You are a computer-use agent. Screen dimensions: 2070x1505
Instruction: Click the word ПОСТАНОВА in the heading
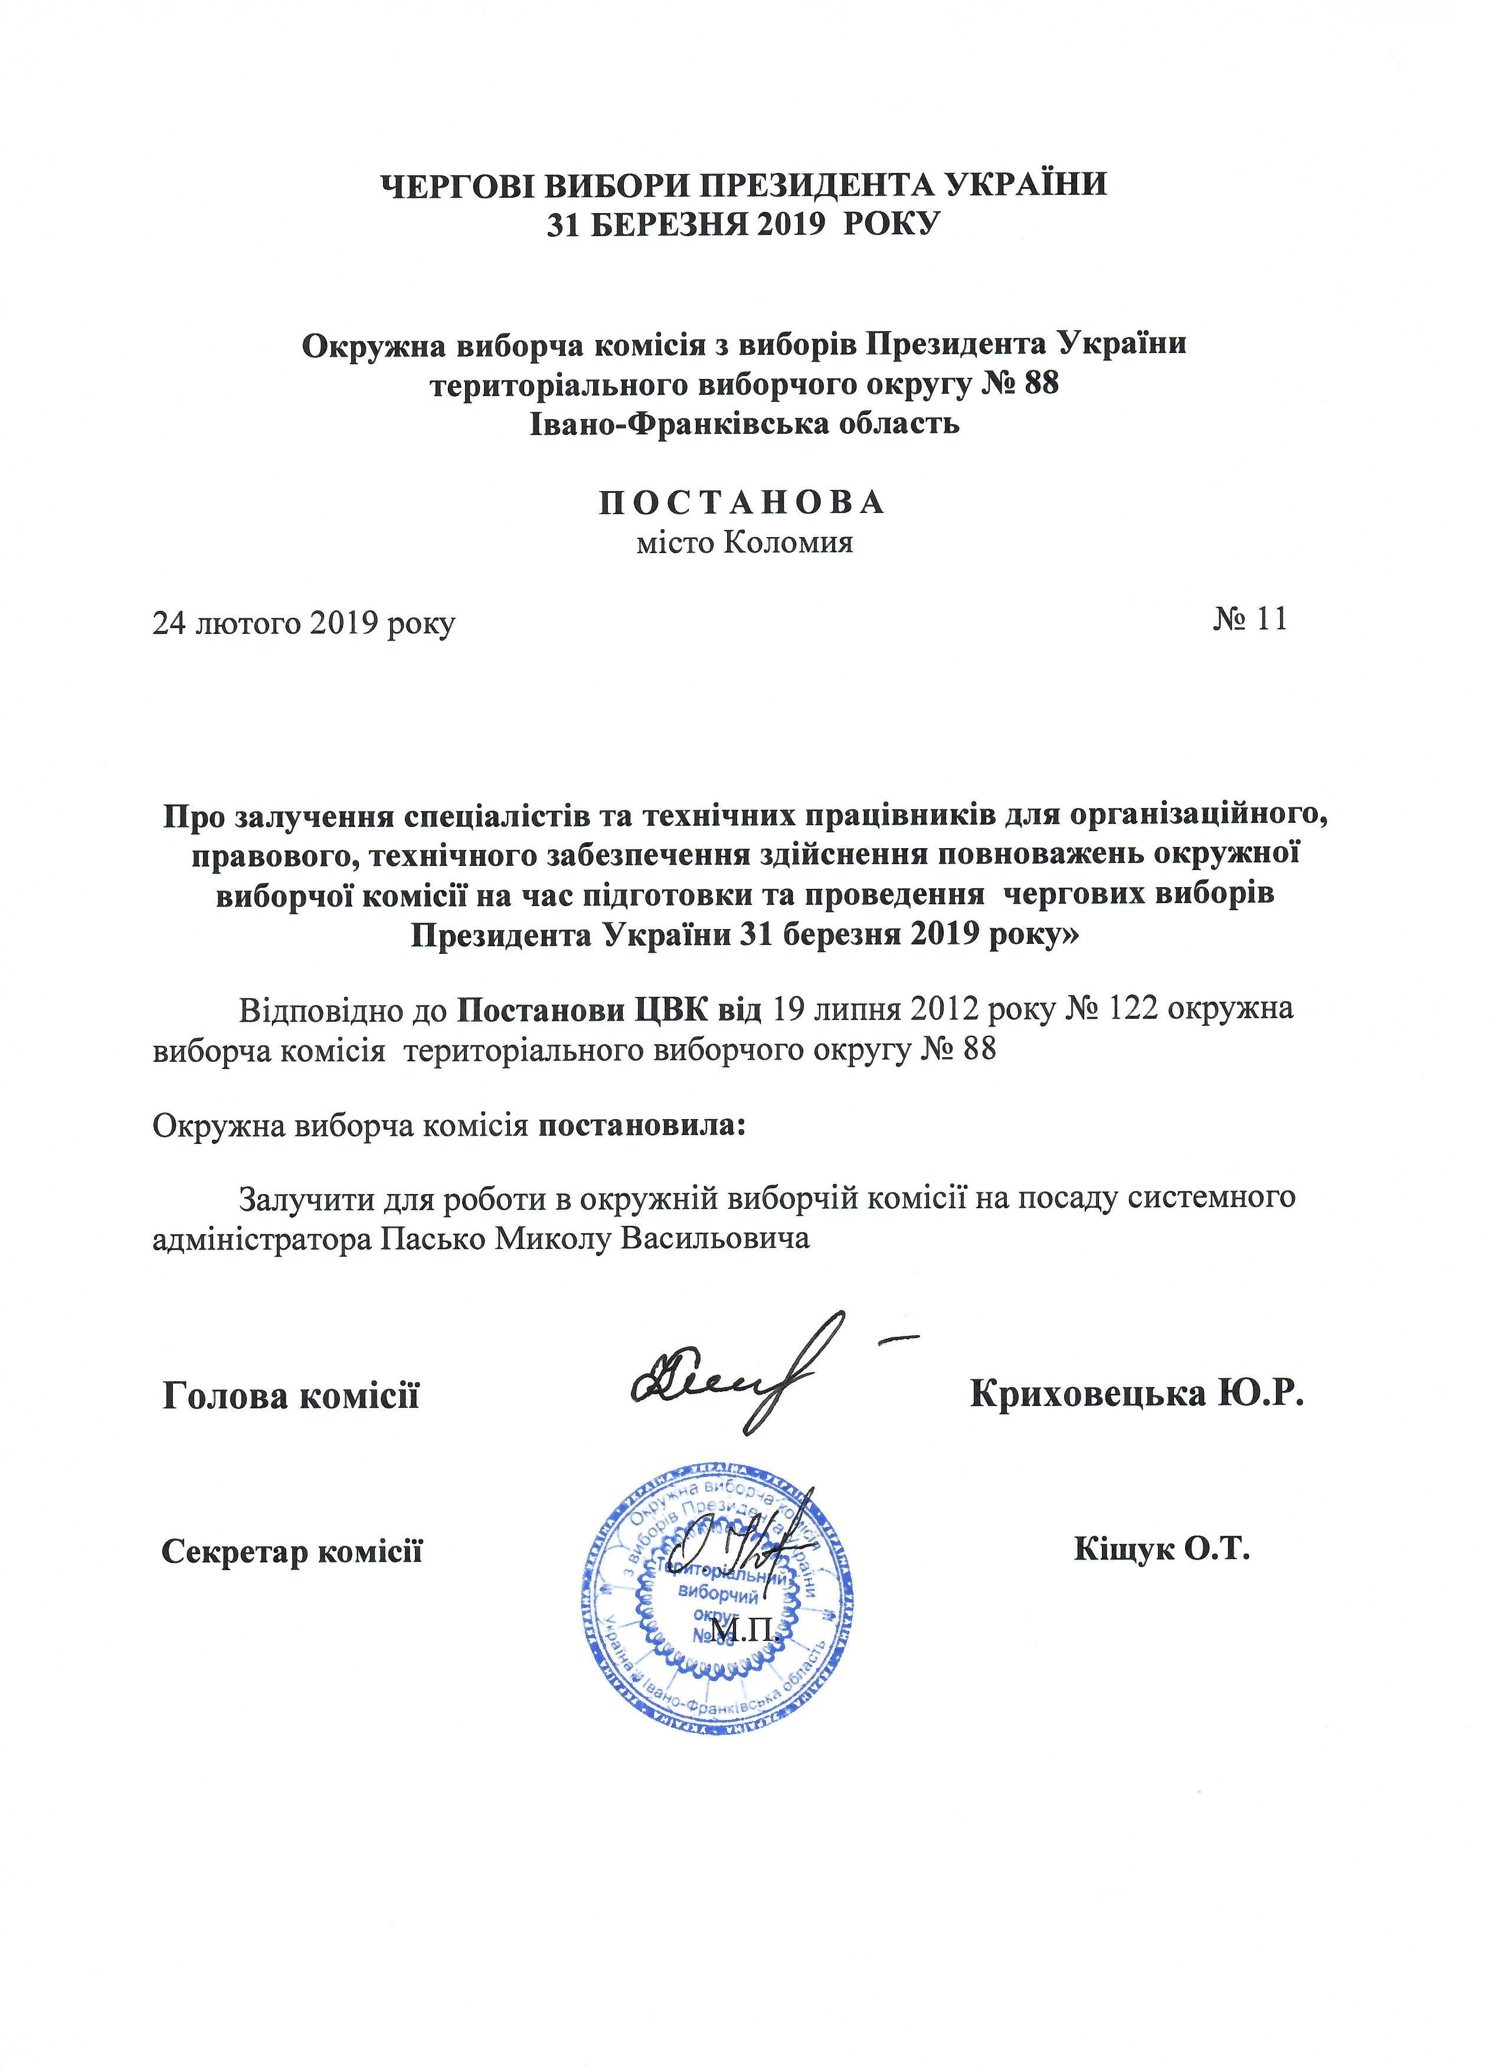click(742, 503)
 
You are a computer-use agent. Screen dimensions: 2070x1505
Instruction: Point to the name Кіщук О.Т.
click(1161, 1550)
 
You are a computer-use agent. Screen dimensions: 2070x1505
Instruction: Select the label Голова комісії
click(291, 1397)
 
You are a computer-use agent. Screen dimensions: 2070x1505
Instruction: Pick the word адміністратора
click(262, 1240)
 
